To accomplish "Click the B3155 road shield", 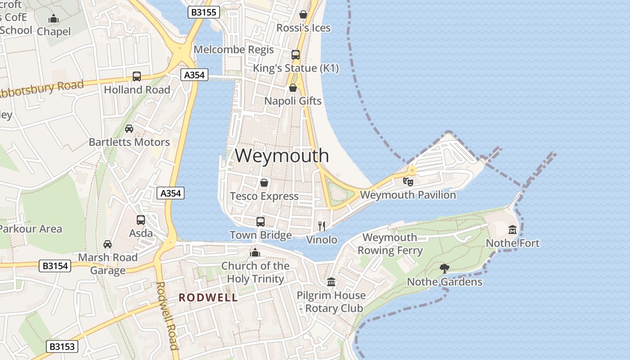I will coord(203,12).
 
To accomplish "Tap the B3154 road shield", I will coord(55,266).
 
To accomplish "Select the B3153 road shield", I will coord(62,346).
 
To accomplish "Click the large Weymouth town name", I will coord(282,156).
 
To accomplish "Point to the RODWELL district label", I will coord(208,297).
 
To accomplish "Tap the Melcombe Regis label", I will coord(234,49).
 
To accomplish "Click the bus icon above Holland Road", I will coord(137,76).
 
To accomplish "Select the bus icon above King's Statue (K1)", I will coord(296,55).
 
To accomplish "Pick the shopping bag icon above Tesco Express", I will coord(264,183).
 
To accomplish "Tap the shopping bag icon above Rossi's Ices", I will coord(303,14).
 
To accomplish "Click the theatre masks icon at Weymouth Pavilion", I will coord(408,182).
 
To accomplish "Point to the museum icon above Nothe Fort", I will coord(513,230).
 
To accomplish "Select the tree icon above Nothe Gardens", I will coord(445,269).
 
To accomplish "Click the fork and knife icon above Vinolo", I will coord(322,226).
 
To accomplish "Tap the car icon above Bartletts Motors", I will coord(129,129).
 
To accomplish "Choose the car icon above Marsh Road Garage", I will coord(108,244).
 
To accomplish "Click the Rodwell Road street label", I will coord(166,315).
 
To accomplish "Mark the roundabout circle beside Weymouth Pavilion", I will coord(412,171).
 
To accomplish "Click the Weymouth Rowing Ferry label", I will coord(390,244).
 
